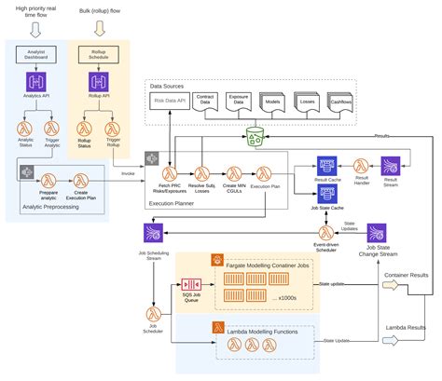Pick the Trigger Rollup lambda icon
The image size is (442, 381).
tap(117, 128)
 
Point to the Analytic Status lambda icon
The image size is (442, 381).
tap(25, 128)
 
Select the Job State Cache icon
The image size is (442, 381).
tap(327, 193)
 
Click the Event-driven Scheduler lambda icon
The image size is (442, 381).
tap(326, 232)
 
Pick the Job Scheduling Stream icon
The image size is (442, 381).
tap(153, 232)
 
